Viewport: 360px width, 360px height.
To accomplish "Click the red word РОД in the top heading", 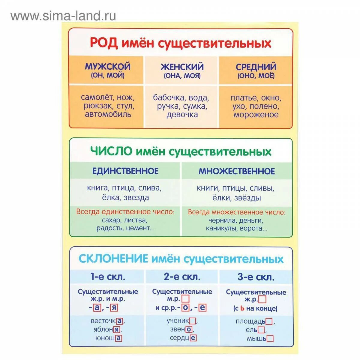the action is (104, 43).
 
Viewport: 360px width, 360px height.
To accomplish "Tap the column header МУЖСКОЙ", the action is (107, 66).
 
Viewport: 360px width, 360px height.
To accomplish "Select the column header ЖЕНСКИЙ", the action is (182, 67).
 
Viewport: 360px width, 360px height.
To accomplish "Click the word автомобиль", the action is (108, 114).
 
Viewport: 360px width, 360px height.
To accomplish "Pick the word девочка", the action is (182, 115).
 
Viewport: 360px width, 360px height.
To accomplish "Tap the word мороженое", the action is (256, 115).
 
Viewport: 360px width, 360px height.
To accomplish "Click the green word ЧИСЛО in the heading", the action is (111, 151).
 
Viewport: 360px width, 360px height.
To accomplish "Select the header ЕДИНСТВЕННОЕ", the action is (125, 171).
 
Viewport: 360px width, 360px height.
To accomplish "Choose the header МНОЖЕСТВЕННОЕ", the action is (237, 171).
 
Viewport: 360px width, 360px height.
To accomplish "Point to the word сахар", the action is (111, 220).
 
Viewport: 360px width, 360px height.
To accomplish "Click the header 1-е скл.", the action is (108, 277).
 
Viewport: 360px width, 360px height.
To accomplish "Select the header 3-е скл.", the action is (256, 277).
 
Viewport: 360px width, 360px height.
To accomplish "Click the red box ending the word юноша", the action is (119, 338).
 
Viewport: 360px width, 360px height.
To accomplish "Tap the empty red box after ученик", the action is (193, 321).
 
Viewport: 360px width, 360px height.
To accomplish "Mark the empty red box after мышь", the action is (270, 339).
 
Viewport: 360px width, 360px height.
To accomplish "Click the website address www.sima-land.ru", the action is (63, 16).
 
